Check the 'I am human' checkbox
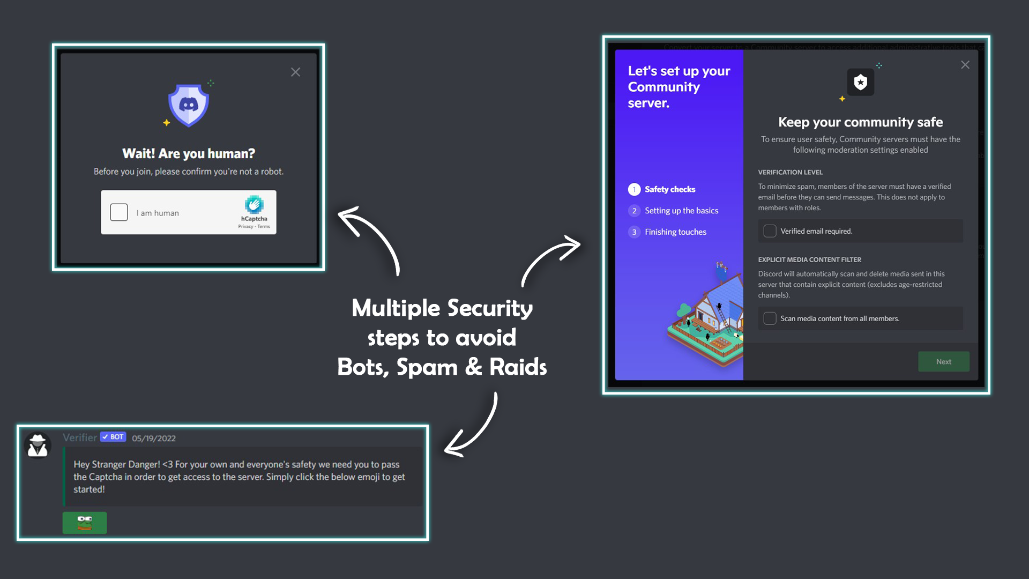tap(119, 212)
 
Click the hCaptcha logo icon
tap(254, 205)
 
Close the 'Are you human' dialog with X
tap(295, 72)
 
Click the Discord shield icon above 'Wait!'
tap(188, 105)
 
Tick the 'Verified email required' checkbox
tap(770, 231)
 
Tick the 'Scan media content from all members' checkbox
tap(770, 318)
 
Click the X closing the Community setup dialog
tap(965, 65)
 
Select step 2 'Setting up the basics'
tap(681, 211)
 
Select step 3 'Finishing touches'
tap(675, 232)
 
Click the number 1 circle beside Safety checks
tap(634, 189)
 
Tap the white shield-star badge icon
tap(861, 82)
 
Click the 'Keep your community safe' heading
tap(860, 122)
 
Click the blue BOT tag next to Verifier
tap(113, 437)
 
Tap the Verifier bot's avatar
tap(38, 446)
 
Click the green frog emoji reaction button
tap(85, 523)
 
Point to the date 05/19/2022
tap(154, 438)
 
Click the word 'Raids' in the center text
tap(518, 367)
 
